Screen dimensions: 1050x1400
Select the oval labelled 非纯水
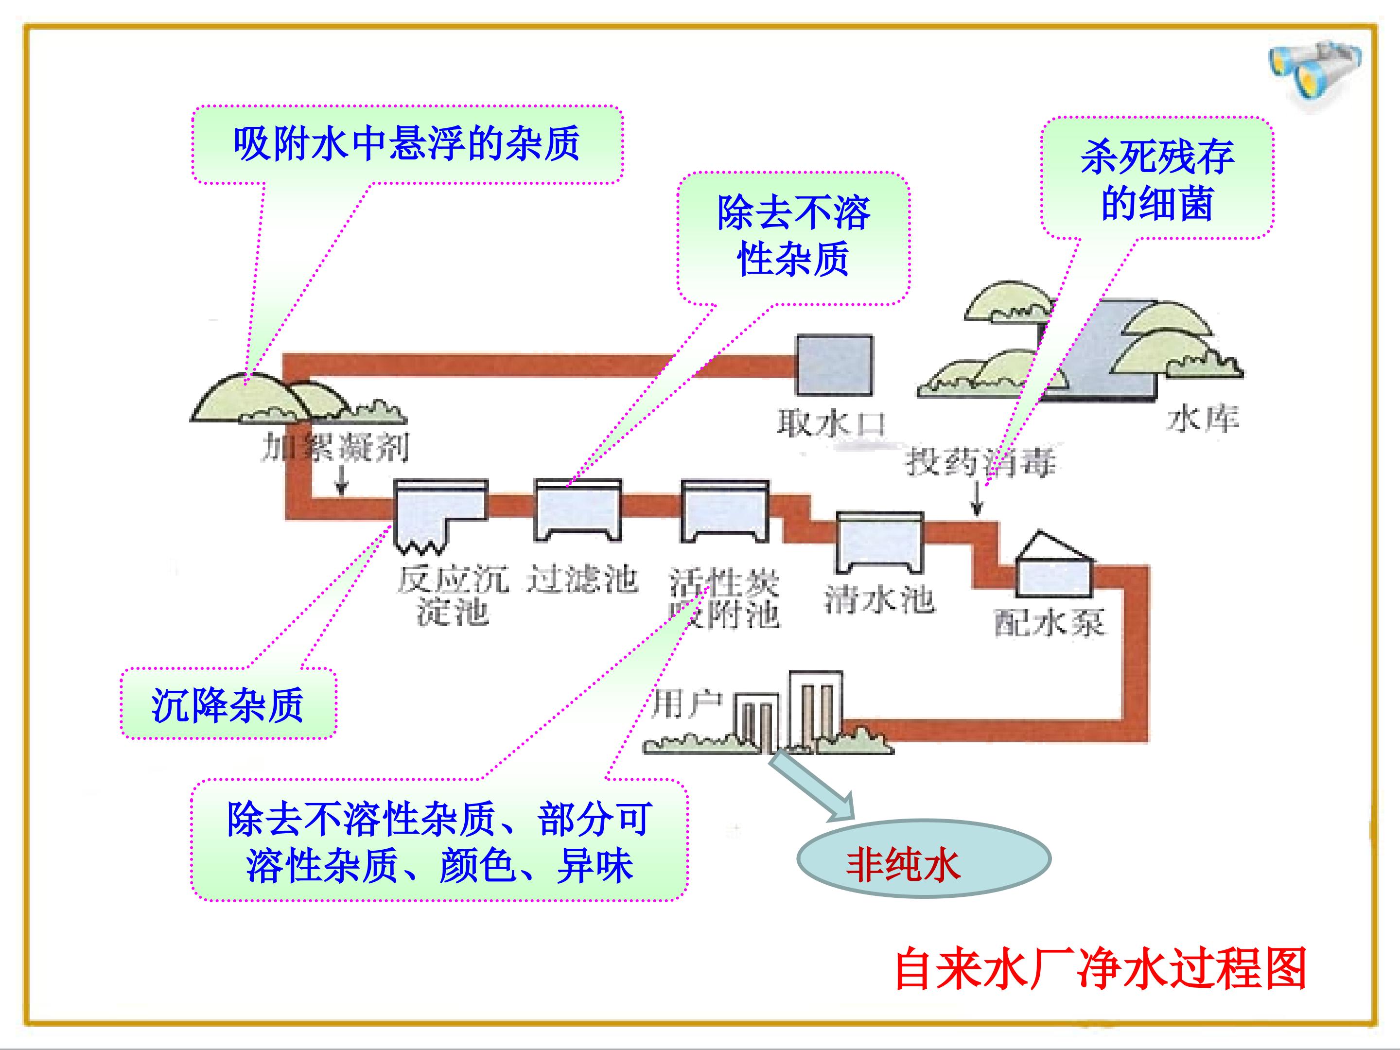[923, 859]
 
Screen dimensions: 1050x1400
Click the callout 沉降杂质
[228, 704]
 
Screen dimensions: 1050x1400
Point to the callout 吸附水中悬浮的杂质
[407, 144]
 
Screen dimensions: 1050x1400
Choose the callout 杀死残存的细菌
[1157, 179]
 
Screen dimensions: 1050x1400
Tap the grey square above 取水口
[834, 365]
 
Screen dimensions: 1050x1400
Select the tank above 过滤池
[577, 509]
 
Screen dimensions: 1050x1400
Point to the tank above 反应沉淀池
[440, 513]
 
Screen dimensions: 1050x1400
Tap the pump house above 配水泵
[1054, 566]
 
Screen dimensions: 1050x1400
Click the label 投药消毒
[981, 461]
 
